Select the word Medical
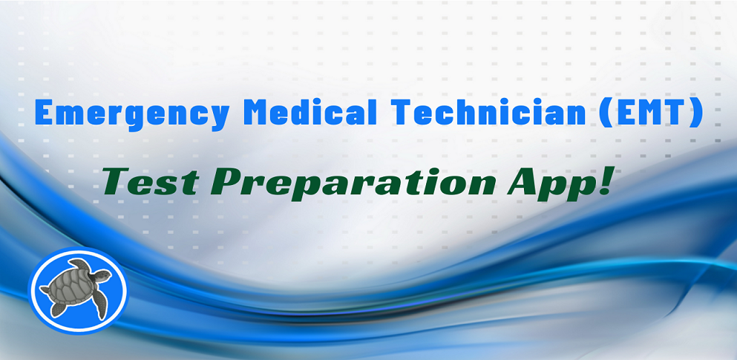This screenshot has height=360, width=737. click(x=313, y=112)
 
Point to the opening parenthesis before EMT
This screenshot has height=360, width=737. click(x=602, y=114)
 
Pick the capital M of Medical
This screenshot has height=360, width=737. click(x=263, y=113)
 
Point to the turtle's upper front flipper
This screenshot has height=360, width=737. click(x=79, y=264)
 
